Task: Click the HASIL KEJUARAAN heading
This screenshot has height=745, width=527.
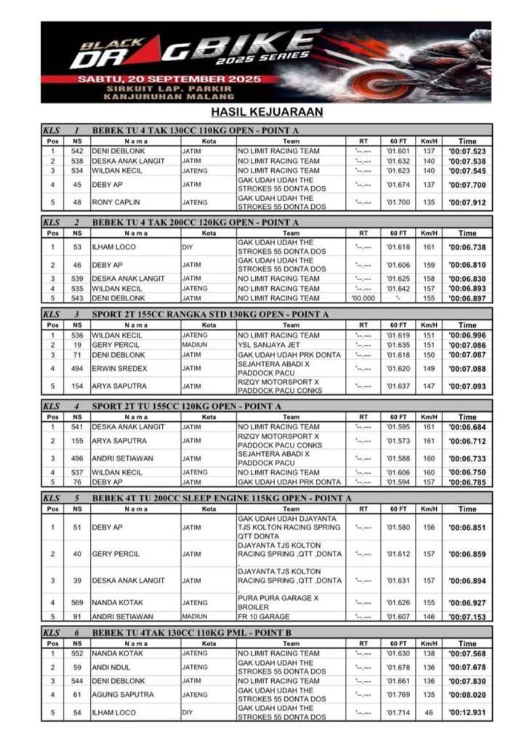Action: (267, 112)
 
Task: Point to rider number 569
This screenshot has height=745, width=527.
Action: (77, 602)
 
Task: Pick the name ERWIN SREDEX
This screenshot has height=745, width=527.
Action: (119, 369)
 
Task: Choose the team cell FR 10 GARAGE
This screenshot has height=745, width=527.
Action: (268, 617)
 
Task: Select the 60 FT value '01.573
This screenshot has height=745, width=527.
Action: (398, 441)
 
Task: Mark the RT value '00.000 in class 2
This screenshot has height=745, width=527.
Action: (363, 298)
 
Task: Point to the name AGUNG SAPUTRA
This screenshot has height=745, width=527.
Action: (123, 695)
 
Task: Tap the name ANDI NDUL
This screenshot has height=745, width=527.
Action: (112, 667)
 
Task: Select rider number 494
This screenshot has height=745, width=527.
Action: (77, 369)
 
